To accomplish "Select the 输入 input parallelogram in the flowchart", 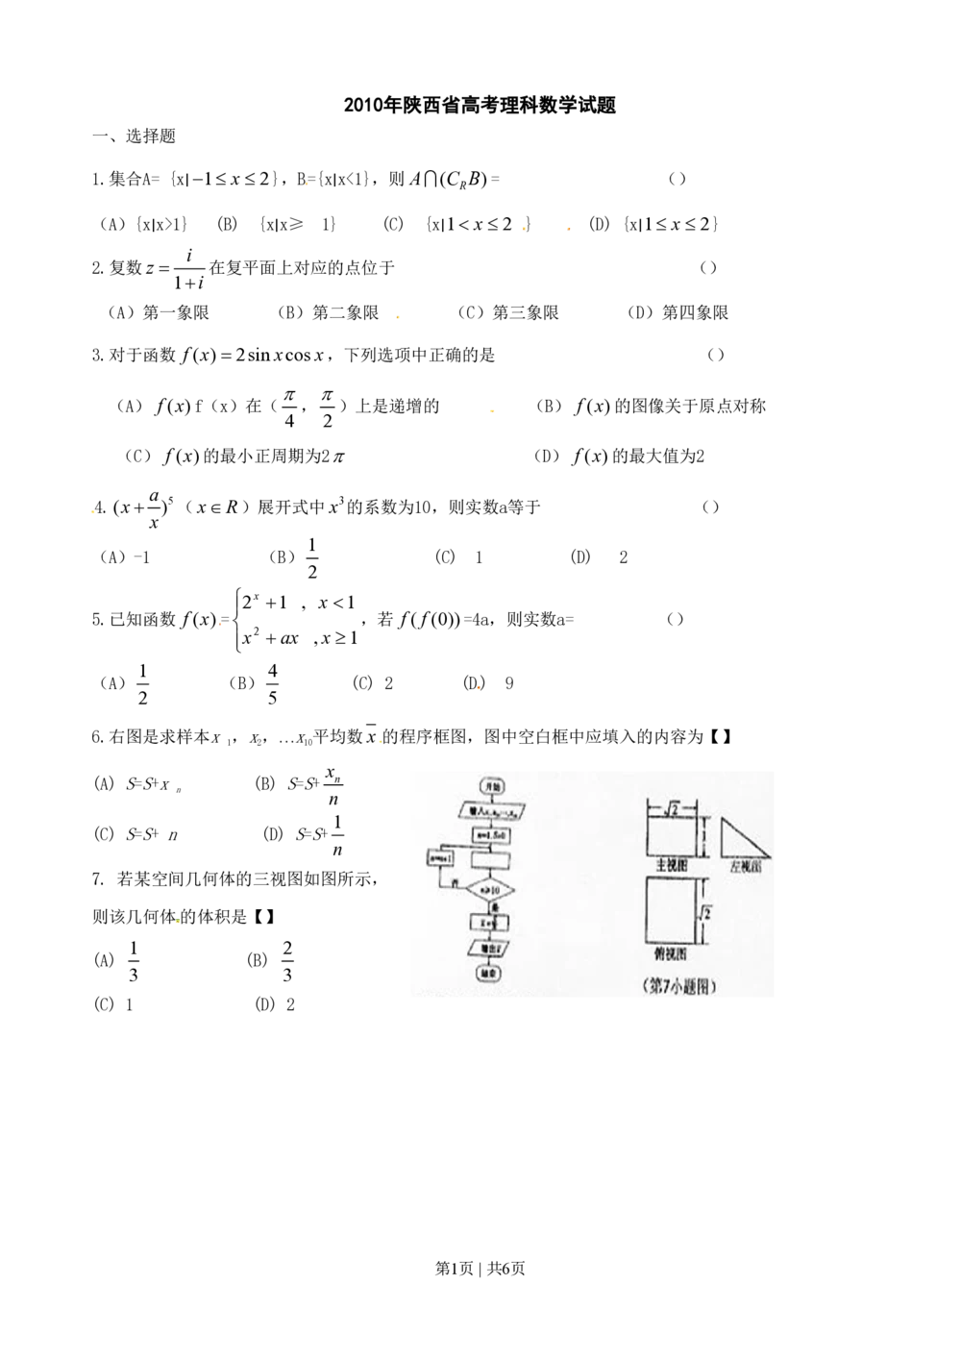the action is point(491,810).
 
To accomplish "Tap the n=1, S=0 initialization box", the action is point(491,836).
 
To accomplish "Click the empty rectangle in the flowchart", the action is point(490,859).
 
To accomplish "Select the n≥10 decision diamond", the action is point(490,890).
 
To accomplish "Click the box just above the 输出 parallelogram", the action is point(490,923).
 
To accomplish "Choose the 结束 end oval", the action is point(490,974).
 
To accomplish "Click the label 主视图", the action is point(672,866).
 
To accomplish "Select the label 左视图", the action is point(745,866).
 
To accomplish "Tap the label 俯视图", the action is point(672,954).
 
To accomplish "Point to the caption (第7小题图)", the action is point(679,986).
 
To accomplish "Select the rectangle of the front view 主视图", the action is point(671,836).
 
